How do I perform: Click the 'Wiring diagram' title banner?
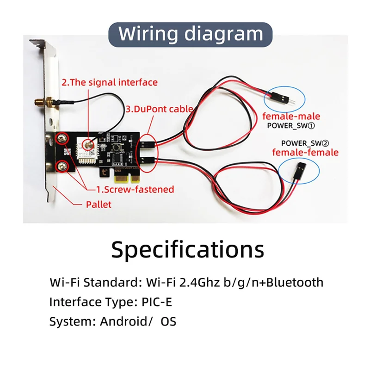(191, 34)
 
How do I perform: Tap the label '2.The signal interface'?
(110, 82)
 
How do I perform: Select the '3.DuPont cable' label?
(159, 109)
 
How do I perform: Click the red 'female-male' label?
(291, 116)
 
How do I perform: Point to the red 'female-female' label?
(305, 152)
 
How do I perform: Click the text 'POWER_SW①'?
(291, 125)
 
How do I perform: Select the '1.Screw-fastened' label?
(135, 189)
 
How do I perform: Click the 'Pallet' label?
(99, 204)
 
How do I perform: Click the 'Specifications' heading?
(187, 249)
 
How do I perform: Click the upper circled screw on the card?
(61, 138)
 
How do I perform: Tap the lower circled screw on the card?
(61, 166)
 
